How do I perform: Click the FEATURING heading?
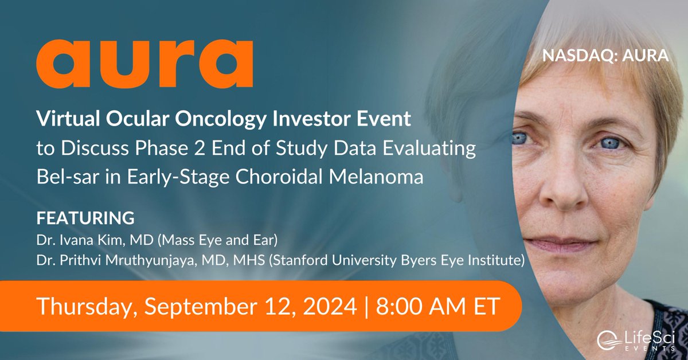point(85,218)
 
